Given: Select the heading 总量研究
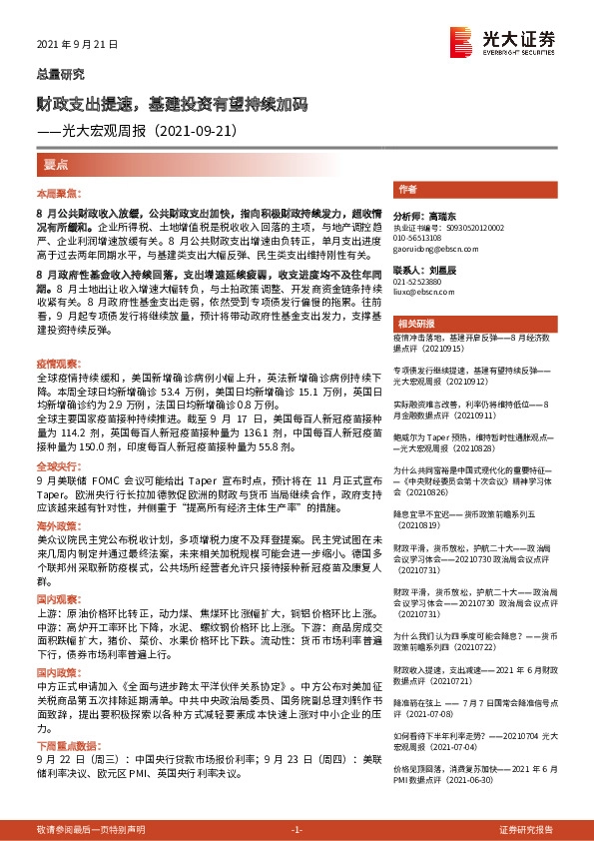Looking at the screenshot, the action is coord(61,74).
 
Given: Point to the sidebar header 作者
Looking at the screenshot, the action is coord(407,189).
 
